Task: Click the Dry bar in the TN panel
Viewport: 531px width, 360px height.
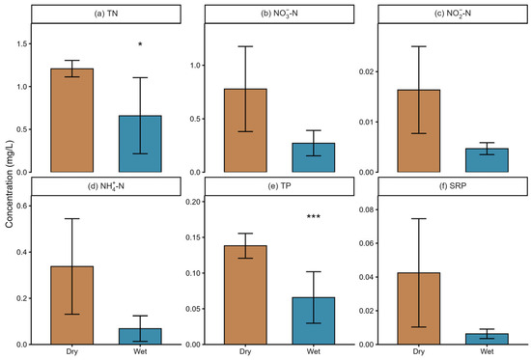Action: (72, 121)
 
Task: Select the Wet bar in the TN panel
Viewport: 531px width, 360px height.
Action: (140, 144)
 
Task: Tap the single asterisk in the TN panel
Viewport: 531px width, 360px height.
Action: (140, 44)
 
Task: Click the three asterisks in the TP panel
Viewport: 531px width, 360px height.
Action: (314, 217)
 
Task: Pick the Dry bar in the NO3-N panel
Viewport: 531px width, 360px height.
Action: (245, 130)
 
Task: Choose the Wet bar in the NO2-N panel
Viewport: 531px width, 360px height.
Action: (487, 160)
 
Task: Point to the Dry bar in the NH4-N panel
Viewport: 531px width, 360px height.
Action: (72, 306)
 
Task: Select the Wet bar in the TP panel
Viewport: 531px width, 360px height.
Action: (314, 321)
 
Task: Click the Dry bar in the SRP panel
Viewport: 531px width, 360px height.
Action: (419, 309)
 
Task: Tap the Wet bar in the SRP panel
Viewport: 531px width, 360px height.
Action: (487, 339)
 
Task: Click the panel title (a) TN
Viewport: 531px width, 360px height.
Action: (106, 14)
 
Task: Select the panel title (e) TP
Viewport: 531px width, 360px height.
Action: (279, 186)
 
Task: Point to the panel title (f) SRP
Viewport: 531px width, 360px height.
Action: (453, 186)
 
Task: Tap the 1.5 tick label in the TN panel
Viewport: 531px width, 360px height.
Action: (22, 44)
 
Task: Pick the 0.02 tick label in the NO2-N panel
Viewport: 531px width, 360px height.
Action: (367, 71)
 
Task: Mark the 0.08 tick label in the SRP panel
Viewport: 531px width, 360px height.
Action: (367, 209)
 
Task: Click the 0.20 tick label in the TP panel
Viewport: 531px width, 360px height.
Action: (193, 202)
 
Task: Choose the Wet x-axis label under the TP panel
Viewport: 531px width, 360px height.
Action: (314, 351)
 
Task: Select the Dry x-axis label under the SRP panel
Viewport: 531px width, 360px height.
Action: (419, 352)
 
